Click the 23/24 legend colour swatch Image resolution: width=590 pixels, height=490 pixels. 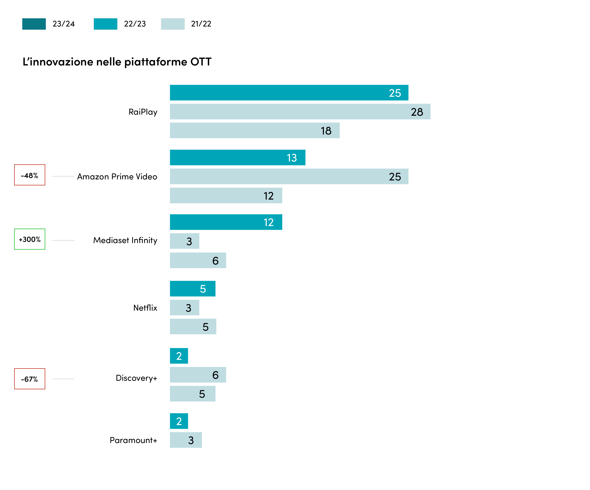34,24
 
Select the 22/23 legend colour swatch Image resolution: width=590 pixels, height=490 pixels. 105,24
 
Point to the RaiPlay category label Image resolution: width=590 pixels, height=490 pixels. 143,112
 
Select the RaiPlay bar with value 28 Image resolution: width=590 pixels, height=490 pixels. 300,112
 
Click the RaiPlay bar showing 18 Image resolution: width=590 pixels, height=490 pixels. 255,130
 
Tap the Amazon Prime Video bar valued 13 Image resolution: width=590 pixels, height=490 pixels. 238,157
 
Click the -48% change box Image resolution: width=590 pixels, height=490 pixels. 30,175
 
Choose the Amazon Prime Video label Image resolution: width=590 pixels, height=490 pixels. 117,177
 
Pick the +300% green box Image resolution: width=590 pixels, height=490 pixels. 30,239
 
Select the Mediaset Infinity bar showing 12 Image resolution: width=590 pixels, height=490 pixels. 226,222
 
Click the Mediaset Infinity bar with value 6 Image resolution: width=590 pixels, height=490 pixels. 198,260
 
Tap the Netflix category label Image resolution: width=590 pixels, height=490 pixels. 145,308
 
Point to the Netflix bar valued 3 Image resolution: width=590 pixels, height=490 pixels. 185,308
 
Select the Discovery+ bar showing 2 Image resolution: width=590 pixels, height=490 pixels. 179,356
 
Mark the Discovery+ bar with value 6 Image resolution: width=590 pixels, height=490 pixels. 198,375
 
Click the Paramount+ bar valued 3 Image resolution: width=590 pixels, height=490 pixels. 186,440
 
